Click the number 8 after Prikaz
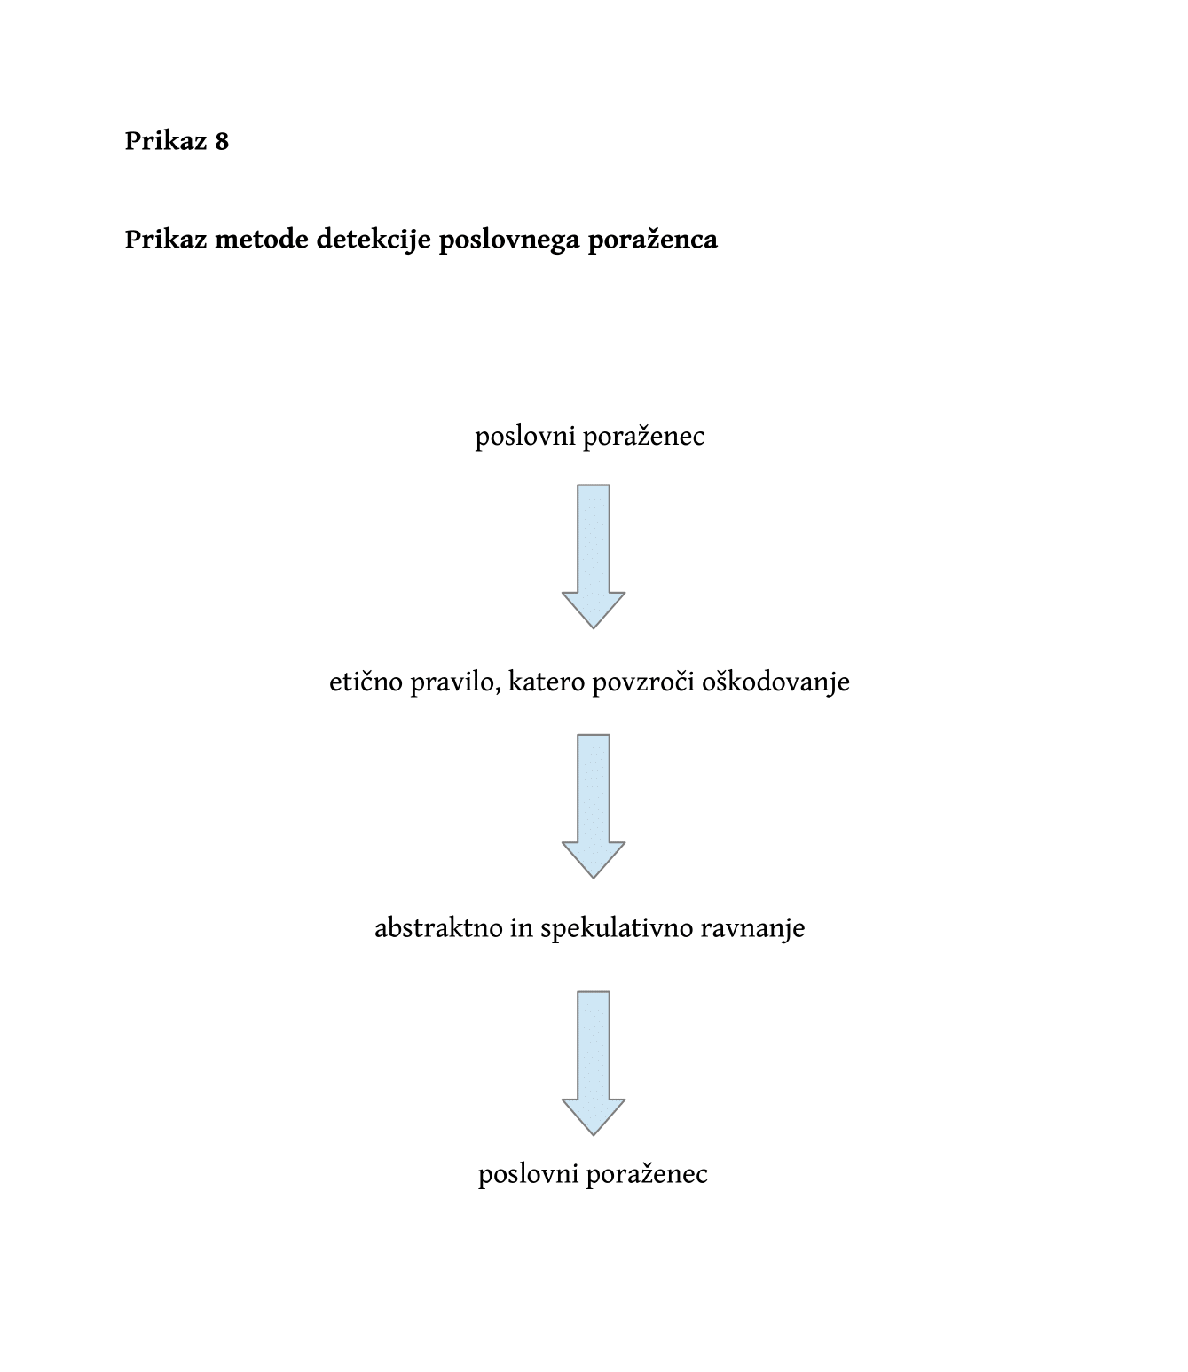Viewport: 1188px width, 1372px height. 222,141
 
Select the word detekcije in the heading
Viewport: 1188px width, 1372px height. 374,240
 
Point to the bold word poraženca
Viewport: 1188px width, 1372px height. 653,240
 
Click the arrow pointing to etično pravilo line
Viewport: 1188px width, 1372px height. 594,556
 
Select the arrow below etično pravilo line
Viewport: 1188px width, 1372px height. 594,806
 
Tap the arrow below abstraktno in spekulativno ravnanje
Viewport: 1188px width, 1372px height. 594,1063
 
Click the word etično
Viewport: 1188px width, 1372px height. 366,682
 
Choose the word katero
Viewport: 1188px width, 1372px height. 547,682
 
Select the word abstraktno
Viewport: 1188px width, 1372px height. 438,927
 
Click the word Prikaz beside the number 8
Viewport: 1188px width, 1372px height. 166,141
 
